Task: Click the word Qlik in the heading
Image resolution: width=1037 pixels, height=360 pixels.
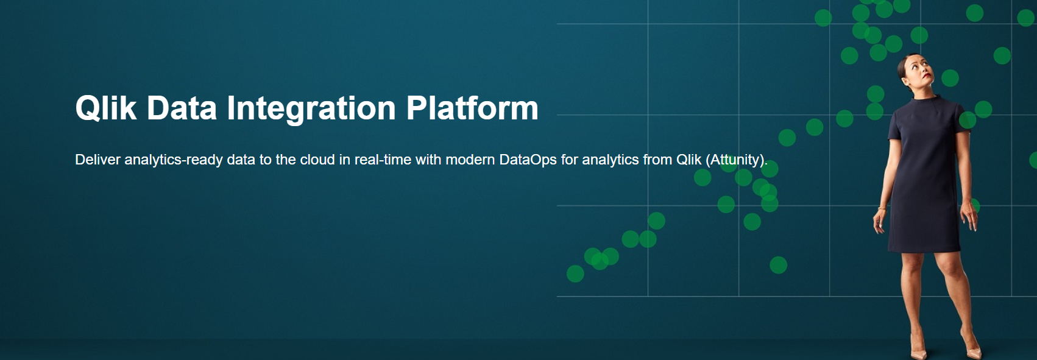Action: pos(105,108)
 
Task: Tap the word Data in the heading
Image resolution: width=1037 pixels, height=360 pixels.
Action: pos(182,108)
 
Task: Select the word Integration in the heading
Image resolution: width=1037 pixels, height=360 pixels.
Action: pos(311,108)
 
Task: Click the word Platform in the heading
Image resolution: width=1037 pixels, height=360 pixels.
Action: pos(472,108)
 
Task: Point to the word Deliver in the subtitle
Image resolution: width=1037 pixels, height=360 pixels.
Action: pos(97,160)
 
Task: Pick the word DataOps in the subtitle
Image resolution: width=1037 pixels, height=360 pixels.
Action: pos(528,160)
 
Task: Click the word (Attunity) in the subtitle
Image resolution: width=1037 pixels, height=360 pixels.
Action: pos(735,160)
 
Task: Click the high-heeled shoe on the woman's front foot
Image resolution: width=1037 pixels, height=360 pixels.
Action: pos(918,350)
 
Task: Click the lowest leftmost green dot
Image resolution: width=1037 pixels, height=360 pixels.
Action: pos(575,274)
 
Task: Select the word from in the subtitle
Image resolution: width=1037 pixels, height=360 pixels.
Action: pos(657,160)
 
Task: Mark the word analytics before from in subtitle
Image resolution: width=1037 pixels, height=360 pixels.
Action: pos(610,160)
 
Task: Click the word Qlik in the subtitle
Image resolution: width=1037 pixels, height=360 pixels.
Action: pos(688,160)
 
